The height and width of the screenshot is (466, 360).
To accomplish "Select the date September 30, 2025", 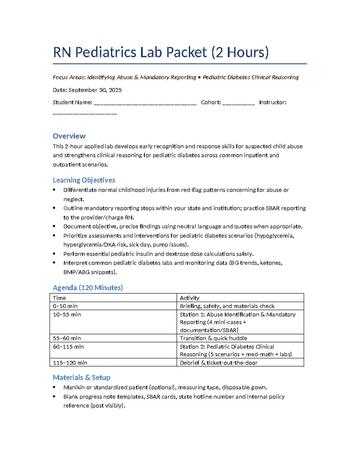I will click(95, 90).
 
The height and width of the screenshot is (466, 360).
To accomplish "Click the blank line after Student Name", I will click(145, 103).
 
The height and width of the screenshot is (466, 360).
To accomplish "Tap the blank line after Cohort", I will click(238, 103).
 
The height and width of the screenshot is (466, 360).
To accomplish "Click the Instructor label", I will click(272, 102).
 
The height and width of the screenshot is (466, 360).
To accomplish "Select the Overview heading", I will click(69, 136).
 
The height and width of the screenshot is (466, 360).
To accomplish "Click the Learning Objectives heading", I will click(84, 180).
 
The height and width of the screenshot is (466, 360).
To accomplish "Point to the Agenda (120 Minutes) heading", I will click(88, 287).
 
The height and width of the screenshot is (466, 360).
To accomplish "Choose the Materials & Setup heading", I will click(82, 377).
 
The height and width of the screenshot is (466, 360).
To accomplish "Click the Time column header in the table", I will click(59, 298).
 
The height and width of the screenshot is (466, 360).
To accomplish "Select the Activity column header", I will click(189, 298).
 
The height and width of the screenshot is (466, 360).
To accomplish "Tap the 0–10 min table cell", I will click(65, 306).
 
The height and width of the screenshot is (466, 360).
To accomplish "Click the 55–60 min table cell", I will click(67, 338).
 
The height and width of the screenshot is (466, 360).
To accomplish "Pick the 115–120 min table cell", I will click(70, 363).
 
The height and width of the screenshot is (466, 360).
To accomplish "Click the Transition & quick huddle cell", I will click(213, 338).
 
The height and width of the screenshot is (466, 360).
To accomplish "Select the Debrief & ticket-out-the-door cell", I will click(218, 363).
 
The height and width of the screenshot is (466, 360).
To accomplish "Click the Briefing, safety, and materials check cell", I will click(227, 306).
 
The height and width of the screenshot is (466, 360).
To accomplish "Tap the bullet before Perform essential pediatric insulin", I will click(54, 254).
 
